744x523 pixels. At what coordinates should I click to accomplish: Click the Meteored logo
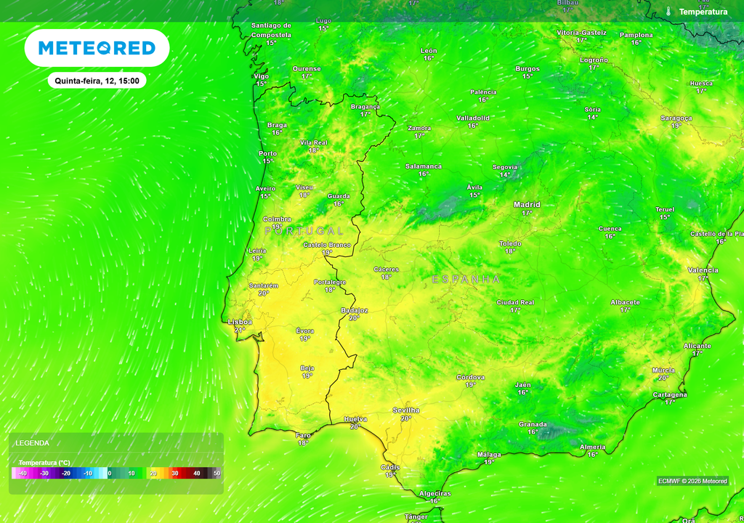pyautogui.click(x=97, y=48)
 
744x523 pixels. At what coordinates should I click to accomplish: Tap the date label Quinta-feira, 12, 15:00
pyautogui.click(x=97, y=81)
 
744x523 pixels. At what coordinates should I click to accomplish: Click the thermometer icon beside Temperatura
pyautogui.click(x=668, y=12)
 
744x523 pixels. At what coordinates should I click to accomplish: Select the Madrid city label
pyautogui.click(x=527, y=205)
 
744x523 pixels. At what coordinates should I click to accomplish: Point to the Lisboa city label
pyautogui.click(x=240, y=322)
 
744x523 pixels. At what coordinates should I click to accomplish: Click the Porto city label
pyautogui.click(x=267, y=153)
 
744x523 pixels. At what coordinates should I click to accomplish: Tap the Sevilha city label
pyautogui.click(x=406, y=410)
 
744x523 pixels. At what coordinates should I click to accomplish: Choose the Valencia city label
pyautogui.click(x=703, y=270)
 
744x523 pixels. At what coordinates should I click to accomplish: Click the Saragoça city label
pyautogui.click(x=676, y=118)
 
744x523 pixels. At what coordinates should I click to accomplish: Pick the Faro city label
pyautogui.click(x=303, y=435)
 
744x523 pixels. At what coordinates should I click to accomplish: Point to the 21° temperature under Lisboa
pyautogui.click(x=240, y=330)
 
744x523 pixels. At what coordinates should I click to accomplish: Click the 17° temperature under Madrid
pyautogui.click(x=527, y=213)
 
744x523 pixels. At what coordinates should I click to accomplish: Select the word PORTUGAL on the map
pyautogui.click(x=304, y=230)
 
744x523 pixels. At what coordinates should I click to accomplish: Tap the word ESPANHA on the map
pyautogui.click(x=466, y=279)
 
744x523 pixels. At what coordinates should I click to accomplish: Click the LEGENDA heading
pyautogui.click(x=33, y=442)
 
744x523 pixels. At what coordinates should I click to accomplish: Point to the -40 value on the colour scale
pyautogui.click(x=23, y=474)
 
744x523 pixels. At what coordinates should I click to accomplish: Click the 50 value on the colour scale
pyautogui.click(x=217, y=474)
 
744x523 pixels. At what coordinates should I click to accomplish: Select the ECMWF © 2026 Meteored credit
pyautogui.click(x=692, y=481)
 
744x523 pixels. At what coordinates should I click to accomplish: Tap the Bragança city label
pyautogui.click(x=365, y=106)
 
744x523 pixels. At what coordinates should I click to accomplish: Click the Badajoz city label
pyautogui.click(x=354, y=310)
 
